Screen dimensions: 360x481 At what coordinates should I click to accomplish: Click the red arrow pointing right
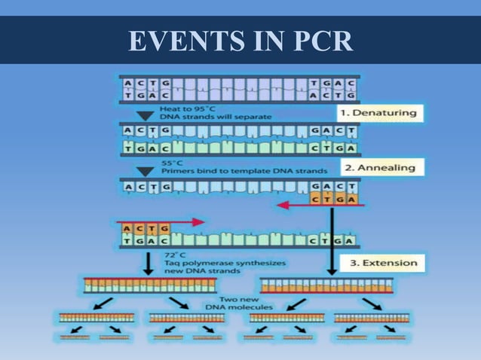click(161, 222)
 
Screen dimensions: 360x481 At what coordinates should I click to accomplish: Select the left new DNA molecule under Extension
click(150, 285)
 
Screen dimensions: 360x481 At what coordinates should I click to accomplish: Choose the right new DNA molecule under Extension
click(326, 285)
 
